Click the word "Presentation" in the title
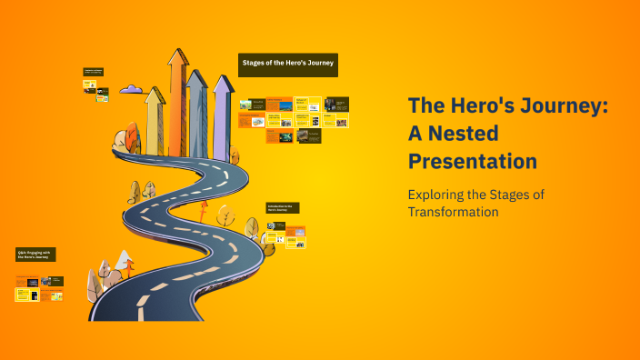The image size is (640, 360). pyautogui.click(x=472, y=162)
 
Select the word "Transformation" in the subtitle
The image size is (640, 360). pyautogui.click(x=453, y=212)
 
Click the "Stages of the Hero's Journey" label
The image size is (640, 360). pyautogui.click(x=288, y=64)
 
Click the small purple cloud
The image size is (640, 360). pyautogui.click(x=132, y=89)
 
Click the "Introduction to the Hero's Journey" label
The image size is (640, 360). pyautogui.click(x=283, y=207)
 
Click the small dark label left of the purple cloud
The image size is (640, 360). pyautogui.click(x=94, y=70)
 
